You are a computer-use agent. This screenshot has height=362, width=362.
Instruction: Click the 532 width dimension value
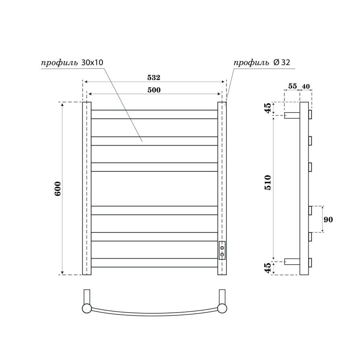click(154, 77)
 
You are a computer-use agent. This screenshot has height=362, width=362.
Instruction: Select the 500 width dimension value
click(154, 90)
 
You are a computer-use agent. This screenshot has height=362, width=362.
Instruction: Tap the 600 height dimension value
click(58, 188)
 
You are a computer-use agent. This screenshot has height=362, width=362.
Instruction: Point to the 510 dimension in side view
click(268, 183)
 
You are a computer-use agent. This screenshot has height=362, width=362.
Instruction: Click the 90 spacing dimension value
click(328, 220)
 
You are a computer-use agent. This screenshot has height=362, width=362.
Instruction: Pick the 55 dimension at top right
click(292, 86)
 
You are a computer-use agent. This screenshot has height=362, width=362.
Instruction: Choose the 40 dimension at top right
click(306, 86)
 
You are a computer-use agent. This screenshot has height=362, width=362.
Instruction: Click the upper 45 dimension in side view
click(268, 109)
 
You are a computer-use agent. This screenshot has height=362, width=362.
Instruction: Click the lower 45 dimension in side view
click(268, 268)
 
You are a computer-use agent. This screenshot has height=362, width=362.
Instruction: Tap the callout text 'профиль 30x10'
click(72, 63)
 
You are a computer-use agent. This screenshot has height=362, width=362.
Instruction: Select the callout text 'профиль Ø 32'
click(261, 63)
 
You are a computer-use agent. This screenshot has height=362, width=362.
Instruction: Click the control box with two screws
click(222, 251)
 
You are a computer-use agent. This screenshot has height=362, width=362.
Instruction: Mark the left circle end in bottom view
click(87, 309)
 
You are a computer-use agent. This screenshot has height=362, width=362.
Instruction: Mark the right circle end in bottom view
click(222, 309)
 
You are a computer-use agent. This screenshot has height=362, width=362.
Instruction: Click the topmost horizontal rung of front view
click(154, 114)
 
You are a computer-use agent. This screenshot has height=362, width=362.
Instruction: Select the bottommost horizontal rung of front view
click(154, 263)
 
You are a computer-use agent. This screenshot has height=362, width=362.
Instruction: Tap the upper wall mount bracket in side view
click(292, 115)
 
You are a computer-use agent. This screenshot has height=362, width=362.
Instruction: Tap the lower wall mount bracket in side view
click(292, 261)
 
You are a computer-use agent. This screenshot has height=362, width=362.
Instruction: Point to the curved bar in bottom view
click(154, 314)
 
